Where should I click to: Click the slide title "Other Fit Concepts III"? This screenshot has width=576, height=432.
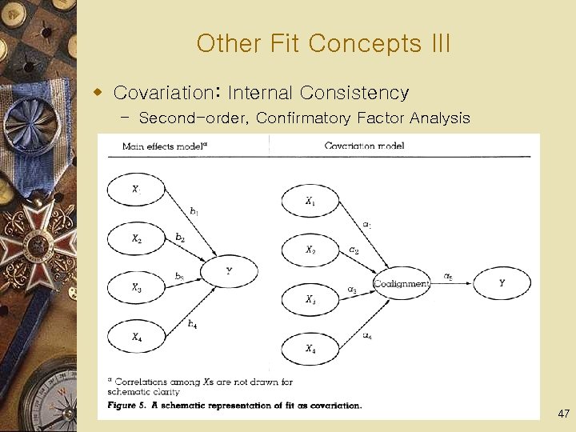(323, 43)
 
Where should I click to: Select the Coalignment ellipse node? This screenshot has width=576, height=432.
(402, 283)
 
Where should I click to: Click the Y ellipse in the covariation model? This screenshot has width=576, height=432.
(502, 282)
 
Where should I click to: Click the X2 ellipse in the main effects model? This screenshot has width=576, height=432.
(137, 238)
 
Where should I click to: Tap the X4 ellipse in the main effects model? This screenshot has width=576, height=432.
(137, 337)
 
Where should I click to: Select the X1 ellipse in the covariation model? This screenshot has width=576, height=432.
(310, 202)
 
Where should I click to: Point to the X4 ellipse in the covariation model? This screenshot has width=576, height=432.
(310, 349)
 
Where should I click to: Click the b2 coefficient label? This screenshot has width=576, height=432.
(180, 238)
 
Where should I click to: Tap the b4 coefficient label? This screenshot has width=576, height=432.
(192, 323)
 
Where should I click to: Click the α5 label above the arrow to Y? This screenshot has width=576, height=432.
(448, 277)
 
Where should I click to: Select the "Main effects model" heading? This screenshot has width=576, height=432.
(165, 146)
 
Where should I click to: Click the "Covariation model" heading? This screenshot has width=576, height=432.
(364, 146)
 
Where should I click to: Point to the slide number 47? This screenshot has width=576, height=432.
(563, 414)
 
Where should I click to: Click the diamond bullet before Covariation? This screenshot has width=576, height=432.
(99, 92)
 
